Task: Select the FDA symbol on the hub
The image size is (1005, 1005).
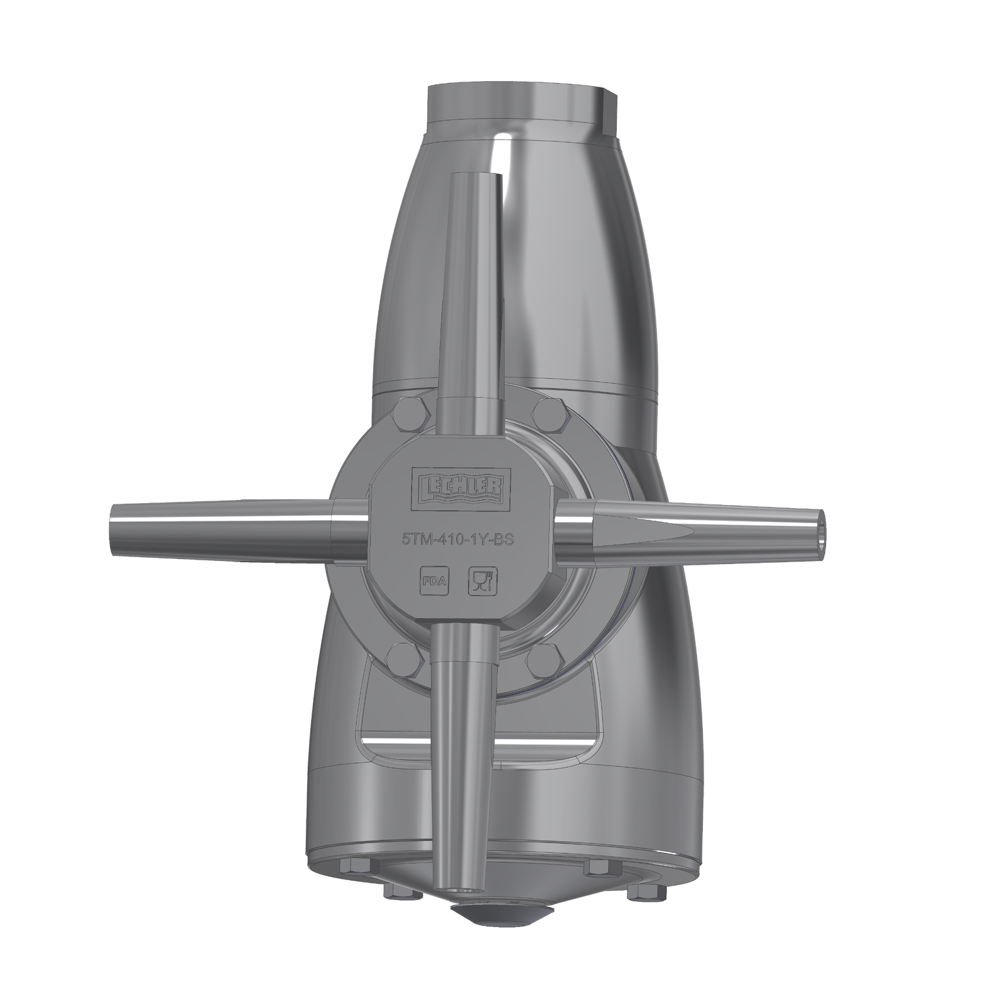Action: (x=433, y=581)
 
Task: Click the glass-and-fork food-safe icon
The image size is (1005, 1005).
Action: (x=483, y=581)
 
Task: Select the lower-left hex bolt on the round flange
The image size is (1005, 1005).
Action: (x=403, y=660)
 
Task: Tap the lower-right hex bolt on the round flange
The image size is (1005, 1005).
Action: (x=543, y=660)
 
